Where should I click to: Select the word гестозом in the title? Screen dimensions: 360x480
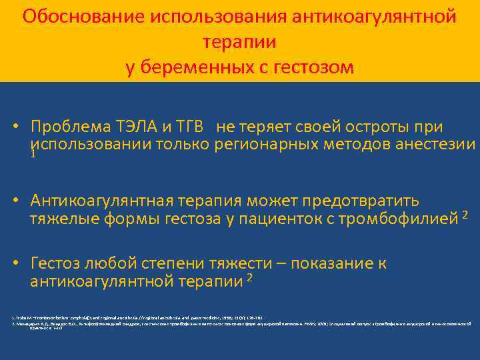[x=312, y=67]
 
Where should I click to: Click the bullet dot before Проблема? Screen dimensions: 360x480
[x=22, y=127]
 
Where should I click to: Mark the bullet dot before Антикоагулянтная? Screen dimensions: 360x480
[x=22, y=201]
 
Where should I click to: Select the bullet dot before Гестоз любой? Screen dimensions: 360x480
[x=22, y=263]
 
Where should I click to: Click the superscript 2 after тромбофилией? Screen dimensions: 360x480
[x=465, y=213]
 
